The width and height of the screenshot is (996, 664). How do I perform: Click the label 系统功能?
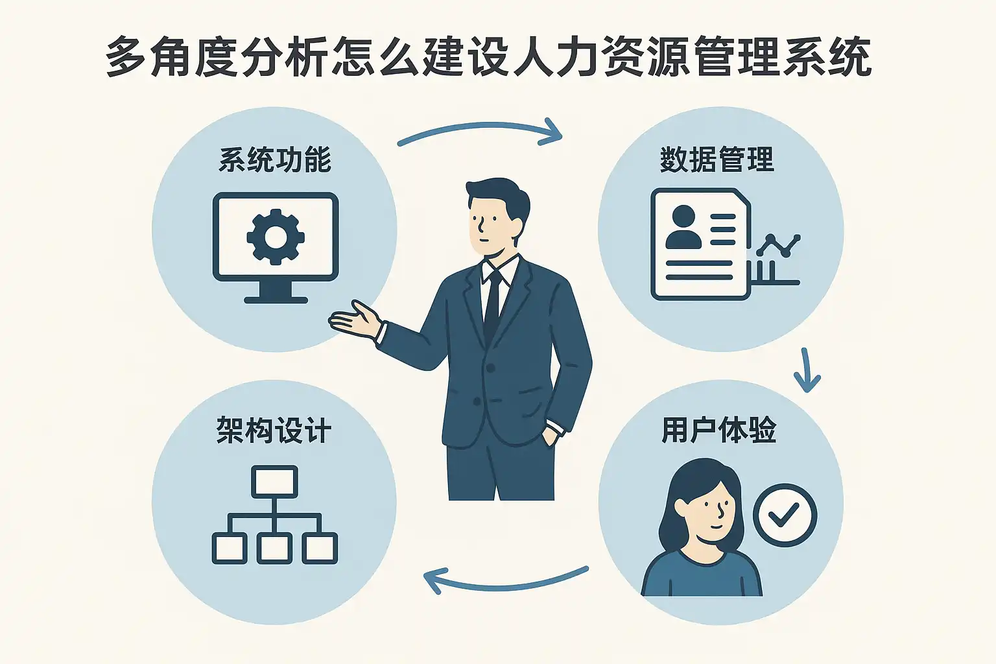[x=275, y=160]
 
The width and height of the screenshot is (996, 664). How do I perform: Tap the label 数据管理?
[x=717, y=160]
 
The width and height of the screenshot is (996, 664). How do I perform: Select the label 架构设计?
[x=274, y=431]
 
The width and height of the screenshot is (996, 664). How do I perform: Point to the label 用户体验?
[x=718, y=431]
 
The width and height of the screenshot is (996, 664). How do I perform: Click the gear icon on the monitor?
[x=276, y=237]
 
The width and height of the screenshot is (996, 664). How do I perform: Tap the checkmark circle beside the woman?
[x=785, y=516]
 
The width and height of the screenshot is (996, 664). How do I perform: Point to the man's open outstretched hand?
[x=353, y=318]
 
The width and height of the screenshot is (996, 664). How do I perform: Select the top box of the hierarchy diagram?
[x=275, y=481]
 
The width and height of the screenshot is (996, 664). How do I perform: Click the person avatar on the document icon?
[x=683, y=227]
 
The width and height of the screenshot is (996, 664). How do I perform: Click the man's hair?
[x=496, y=195]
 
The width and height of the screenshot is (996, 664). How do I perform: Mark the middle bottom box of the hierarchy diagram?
[x=275, y=549]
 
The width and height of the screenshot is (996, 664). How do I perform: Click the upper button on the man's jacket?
[x=491, y=368]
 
